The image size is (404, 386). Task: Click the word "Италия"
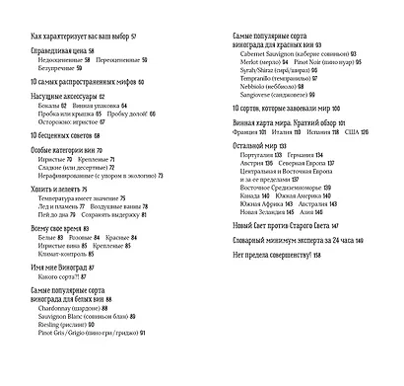pyautogui.click(x=282, y=131)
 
